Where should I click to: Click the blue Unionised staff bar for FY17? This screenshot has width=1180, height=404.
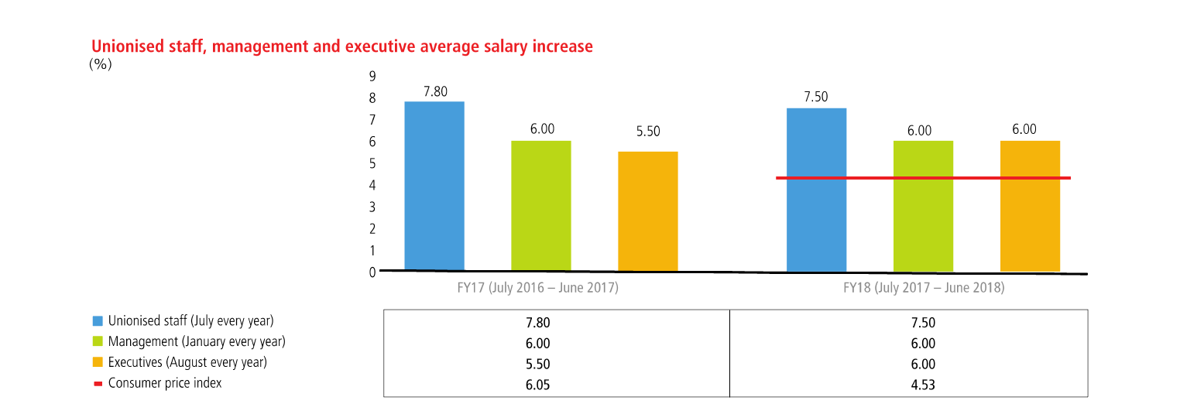[434, 186]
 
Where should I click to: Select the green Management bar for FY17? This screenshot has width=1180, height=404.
[541, 206]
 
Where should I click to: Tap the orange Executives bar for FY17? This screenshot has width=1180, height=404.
[648, 211]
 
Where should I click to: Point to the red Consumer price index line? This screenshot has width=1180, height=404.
[923, 178]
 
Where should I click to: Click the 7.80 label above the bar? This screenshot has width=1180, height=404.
[435, 91]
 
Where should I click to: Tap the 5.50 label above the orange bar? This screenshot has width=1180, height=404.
[648, 132]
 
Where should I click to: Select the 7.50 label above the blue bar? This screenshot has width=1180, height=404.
[816, 97]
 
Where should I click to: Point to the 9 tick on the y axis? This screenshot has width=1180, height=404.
[372, 76]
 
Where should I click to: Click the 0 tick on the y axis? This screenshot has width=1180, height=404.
[372, 272]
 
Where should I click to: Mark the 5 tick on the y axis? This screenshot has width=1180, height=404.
[372, 163]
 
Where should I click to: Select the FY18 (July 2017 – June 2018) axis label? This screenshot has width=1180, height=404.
[923, 288]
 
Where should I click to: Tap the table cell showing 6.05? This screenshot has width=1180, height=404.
[556, 385]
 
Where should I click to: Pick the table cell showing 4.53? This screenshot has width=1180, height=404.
[923, 385]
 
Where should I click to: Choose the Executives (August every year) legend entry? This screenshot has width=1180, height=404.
[187, 362]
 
